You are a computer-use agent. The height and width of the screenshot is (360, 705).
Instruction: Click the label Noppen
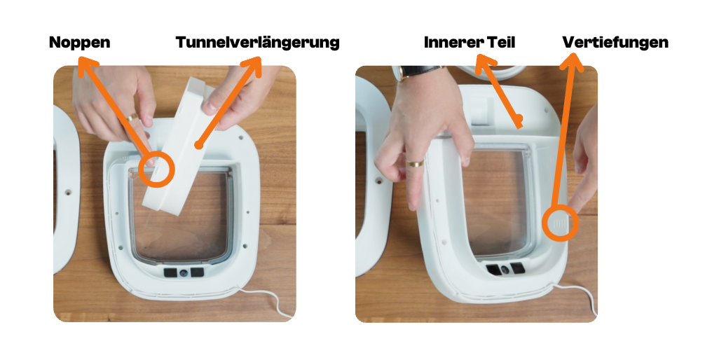[x=80, y=42]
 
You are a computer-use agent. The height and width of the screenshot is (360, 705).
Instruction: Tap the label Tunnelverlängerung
[x=258, y=42]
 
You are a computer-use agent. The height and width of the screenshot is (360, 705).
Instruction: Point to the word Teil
[x=501, y=42]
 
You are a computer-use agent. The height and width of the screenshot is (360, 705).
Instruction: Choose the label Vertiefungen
[x=615, y=42]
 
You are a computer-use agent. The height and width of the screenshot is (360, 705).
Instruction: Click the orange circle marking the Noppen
[x=156, y=169]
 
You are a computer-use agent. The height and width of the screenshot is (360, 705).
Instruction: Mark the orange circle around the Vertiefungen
[x=560, y=223]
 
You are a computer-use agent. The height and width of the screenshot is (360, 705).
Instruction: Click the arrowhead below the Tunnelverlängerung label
[x=252, y=65]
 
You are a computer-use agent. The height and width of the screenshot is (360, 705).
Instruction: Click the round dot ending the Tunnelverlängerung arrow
[x=198, y=145]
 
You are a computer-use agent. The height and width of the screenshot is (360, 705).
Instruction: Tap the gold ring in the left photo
[x=132, y=117]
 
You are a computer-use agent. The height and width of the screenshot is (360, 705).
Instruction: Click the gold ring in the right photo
[x=416, y=162]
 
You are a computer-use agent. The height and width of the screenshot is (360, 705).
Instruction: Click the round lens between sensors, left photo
[x=184, y=273]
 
